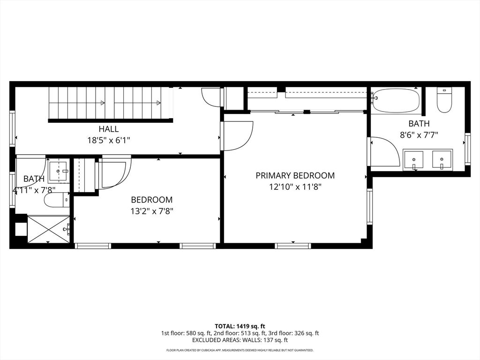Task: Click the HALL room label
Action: tap(108, 129)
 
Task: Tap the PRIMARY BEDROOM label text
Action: tap(295, 176)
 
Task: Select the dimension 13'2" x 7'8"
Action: tap(151, 211)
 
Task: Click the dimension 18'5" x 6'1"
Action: tap(108, 140)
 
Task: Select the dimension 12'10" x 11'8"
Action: tap(295, 187)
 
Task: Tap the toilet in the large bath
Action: tap(444, 100)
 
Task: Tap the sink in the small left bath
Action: tap(59, 171)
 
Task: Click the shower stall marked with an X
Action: tap(49, 229)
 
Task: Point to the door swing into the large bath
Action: tap(384, 152)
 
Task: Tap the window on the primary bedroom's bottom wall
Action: tap(292, 246)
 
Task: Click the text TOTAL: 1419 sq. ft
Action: tap(240, 326)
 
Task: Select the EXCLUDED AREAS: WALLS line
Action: tap(240, 340)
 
